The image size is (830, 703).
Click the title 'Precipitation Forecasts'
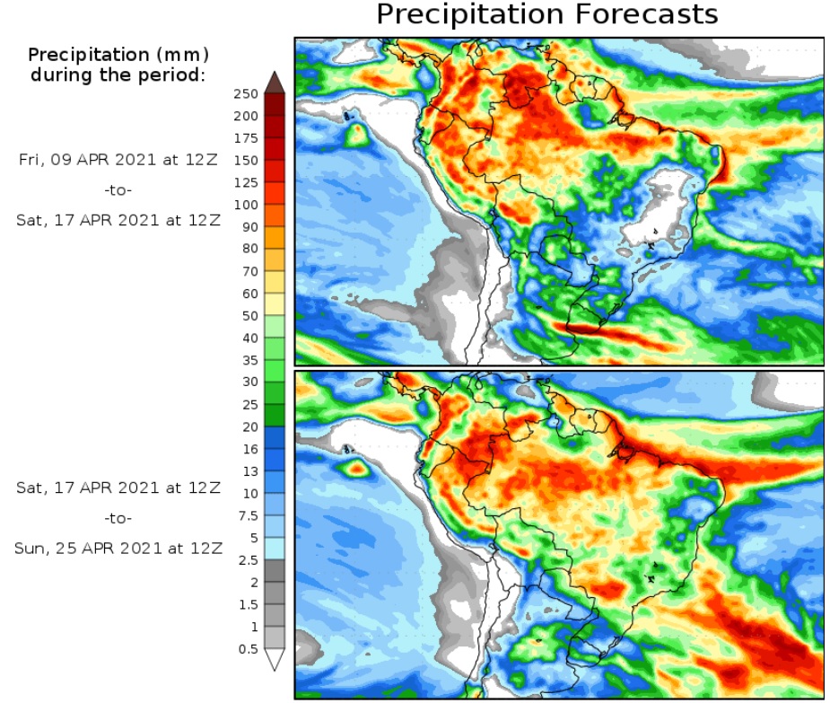click(x=546, y=15)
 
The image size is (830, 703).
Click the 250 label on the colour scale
click(x=246, y=94)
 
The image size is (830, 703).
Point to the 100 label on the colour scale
click(x=246, y=206)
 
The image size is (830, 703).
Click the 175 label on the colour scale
click(x=246, y=138)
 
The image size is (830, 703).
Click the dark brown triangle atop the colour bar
click(x=275, y=82)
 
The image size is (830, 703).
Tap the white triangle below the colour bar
click(x=275, y=660)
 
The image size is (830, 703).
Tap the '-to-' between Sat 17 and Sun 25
click(x=118, y=518)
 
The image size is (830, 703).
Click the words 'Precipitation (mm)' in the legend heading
click(x=118, y=55)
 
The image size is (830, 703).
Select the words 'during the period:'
click(x=118, y=75)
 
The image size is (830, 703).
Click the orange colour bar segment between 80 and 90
click(x=275, y=238)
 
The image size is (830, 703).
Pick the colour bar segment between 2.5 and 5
click(x=275, y=549)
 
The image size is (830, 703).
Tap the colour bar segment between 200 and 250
click(x=275, y=105)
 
